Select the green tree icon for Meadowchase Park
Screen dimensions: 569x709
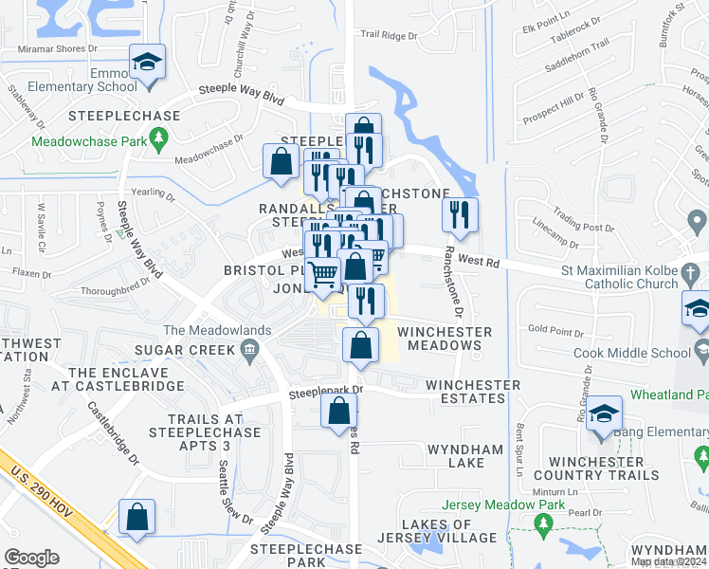(x=160, y=138)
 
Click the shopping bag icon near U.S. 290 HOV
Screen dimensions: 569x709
(x=137, y=517)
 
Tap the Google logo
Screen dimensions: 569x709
(x=31, y=558)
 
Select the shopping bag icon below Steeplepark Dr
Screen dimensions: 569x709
(x=338, y=411)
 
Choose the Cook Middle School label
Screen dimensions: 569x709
(x=628, y=353)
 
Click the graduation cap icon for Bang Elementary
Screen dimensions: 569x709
(x=604, y=413)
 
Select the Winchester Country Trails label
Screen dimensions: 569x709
(x=595, y=468)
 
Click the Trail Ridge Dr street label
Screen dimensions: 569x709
(x=389, y=36)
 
